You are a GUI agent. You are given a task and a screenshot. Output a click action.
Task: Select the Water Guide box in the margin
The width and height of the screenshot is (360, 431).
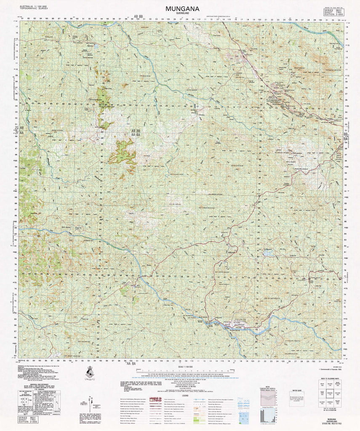(x=296, y=398)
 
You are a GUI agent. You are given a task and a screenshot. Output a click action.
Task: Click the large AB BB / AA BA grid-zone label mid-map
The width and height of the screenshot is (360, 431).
(x=138, y=135)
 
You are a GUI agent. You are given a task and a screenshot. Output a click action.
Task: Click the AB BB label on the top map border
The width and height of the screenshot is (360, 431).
(x=138, y=17)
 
